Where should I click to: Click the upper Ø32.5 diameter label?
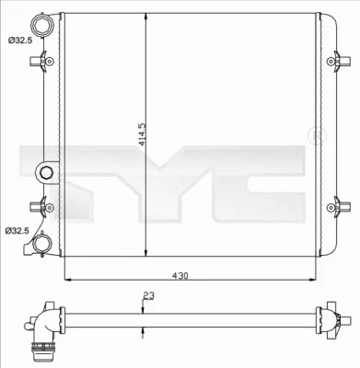pos(17,40)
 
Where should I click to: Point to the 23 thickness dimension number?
pos(148,296)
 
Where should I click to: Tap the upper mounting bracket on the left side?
pos(38,63)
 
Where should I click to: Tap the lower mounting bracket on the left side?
pos(38,206)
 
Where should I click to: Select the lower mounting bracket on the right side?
pos(342,206)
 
